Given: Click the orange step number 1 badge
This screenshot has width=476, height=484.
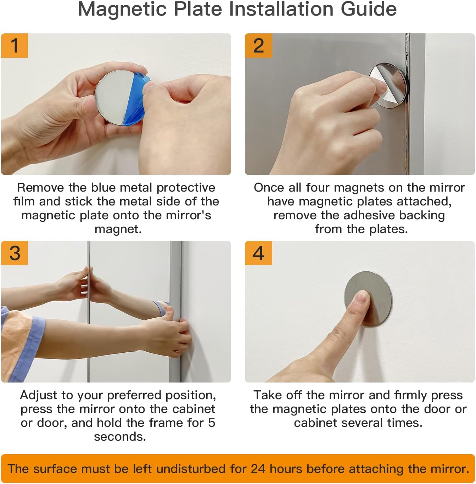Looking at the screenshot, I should coord(15,45).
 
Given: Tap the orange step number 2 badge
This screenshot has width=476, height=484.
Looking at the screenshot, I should coord(258,45).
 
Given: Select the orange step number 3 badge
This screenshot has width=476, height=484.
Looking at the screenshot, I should coord(15,253).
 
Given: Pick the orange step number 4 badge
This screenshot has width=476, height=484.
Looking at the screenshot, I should coord(258,253).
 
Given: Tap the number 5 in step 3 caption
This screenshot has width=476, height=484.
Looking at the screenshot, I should coord(212,423).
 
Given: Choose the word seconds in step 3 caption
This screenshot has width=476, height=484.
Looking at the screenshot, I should coord(120,436).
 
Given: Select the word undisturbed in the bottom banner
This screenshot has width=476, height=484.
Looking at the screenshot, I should coord(191,469).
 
